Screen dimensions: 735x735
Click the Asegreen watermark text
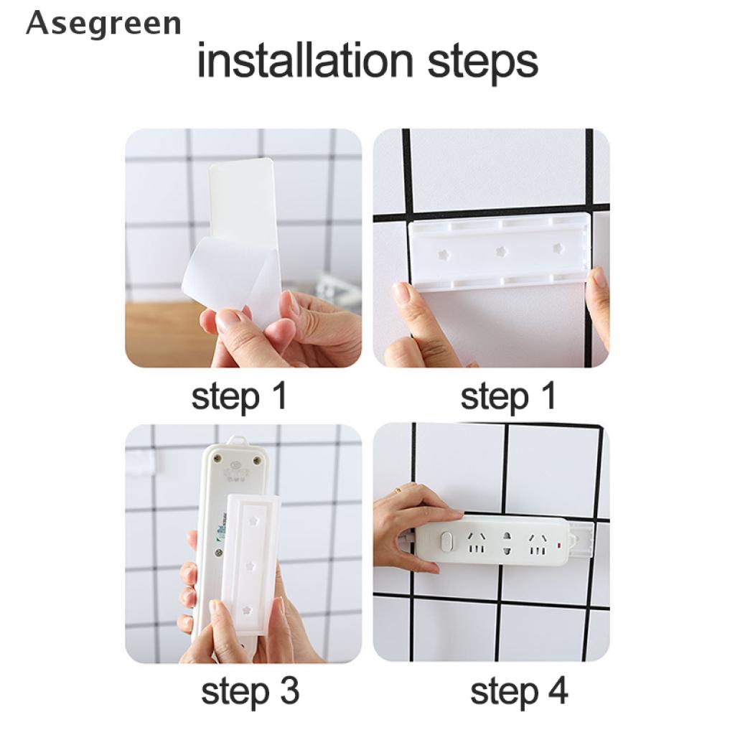103,24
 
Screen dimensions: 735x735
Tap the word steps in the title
482,62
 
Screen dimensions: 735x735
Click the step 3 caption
250,692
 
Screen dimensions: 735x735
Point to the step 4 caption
519,692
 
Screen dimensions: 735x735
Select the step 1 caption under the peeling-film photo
239,396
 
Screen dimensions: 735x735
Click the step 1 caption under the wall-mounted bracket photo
508,396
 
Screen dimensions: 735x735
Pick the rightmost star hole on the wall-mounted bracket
557,248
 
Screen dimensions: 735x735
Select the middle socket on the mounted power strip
507,543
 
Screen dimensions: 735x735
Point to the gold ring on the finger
397,490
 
